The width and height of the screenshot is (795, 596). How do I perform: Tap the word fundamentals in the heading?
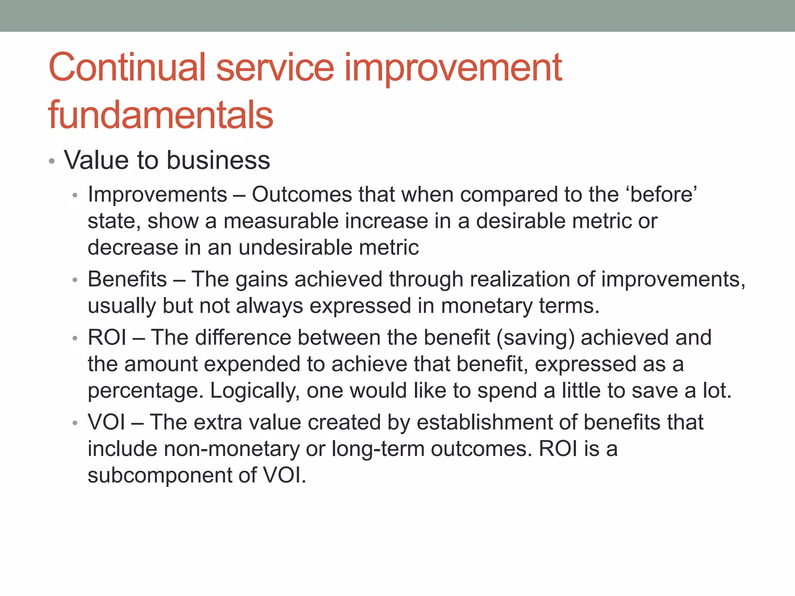click(x=161, y=114)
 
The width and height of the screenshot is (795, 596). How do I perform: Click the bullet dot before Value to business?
click(x=52, y=161)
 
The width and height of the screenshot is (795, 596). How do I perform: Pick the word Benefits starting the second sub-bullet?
click(x=127, y=279)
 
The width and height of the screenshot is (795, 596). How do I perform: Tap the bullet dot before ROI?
click(x=75, y=338)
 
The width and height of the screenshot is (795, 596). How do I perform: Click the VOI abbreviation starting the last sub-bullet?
click(x=106, y=422)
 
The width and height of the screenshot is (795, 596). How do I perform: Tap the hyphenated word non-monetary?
click(x=231, y=449)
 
